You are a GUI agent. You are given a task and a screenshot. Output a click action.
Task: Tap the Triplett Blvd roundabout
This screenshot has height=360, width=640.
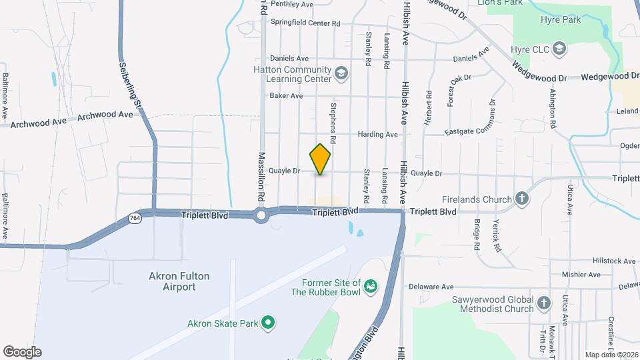click(x=261, y=215)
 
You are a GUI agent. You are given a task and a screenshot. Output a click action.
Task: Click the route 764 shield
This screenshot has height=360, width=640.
click(x=135, y=218)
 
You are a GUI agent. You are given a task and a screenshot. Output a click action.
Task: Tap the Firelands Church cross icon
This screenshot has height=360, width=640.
click(x=522, y=199)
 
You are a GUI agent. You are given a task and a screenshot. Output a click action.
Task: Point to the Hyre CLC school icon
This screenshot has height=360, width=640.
click(x=559, y=49)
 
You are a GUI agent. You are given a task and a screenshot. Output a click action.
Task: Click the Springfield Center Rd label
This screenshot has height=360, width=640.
click(x=305, y=22)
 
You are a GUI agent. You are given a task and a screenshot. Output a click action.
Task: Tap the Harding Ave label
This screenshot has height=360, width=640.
click(x=377, y=134)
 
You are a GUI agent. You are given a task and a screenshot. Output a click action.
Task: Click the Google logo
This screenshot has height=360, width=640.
click(x=22, y=352)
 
